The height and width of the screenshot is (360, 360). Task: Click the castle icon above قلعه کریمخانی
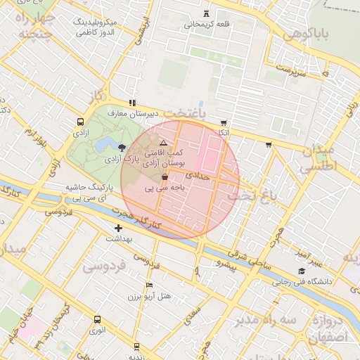(x=206, y=13)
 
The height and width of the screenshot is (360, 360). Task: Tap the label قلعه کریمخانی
(x=207, y=25)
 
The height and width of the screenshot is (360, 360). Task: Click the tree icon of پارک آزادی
(x=122, y=147)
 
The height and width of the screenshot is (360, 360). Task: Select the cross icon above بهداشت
(x=118, y=228)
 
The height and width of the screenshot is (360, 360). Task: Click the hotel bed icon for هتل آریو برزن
(x=149, y=285)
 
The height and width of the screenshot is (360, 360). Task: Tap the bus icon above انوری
(x=97, y=319)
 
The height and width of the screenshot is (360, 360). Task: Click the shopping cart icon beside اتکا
(x=224, y=122)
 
